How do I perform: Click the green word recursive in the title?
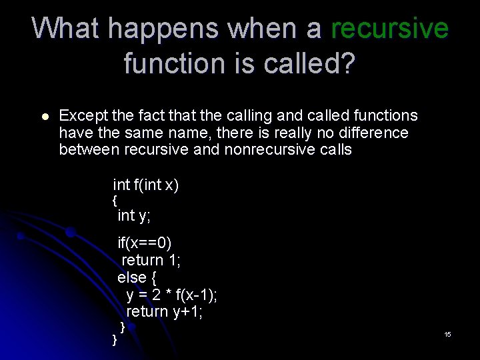tap(389, 29)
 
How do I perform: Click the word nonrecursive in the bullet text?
tap(270, 149)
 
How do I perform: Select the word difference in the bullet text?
tap(370, 133)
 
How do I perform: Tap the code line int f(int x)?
tap(146, 185)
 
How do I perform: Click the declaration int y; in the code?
tap(134, 215)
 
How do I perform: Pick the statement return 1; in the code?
tap(151, 260)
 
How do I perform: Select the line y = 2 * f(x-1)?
tap(172, 295)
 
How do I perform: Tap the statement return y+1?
tap(165, 311)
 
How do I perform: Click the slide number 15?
tap(447, 334)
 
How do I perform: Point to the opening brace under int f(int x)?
tap(115, 200)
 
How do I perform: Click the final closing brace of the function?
tap(114, 340)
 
